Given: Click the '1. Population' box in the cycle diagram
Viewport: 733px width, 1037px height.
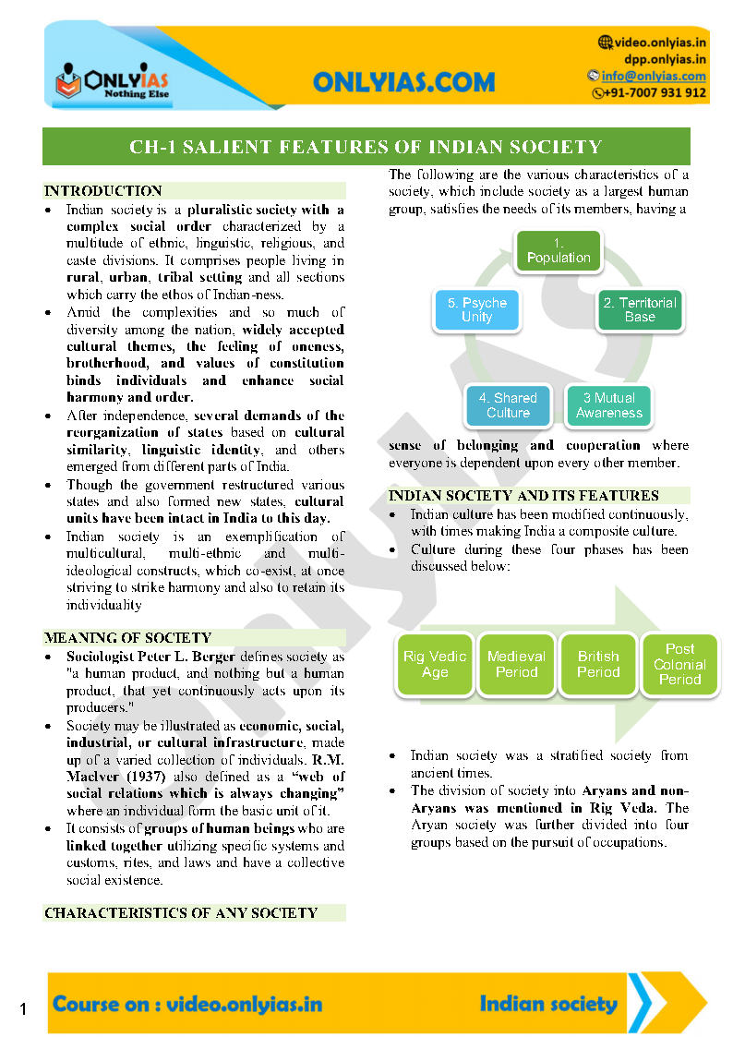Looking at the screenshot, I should click(x=559, y=250).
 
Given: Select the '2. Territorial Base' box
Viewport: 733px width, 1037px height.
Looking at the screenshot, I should click(x=639, y=309).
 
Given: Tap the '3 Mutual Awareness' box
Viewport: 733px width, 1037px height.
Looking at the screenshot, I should click(x=609, y=405).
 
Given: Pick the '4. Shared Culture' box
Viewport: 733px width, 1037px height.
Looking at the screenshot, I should click(x=508, y=405).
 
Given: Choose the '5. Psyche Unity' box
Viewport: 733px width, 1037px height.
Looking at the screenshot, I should click(x=477, y=309).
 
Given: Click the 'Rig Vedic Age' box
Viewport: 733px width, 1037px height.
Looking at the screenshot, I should click(x=435, y=664).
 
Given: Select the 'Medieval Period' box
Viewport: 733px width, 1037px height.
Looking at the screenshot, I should click(x=516, y=664).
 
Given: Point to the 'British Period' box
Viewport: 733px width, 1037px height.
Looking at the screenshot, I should click(x=598, y=664).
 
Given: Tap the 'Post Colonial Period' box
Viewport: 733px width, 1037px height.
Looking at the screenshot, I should click(x=679, y=664).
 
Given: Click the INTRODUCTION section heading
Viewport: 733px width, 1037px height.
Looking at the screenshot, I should click(x=103, y=191).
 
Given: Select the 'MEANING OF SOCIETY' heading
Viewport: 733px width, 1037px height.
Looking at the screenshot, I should click(x=128, y=637).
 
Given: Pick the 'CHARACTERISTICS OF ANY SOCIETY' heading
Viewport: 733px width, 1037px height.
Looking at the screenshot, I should click(x=181, y=912).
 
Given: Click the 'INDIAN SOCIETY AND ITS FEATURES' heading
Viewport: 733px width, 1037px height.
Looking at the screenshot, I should click(x=523, y=495).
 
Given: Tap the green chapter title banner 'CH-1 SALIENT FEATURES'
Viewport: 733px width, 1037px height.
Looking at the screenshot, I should click(x=366, y=147).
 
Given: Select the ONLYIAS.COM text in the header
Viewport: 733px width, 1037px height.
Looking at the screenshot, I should click(x=404, y=82).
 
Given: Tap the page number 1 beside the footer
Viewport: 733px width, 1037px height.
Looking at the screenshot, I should click(x=22, y=1010).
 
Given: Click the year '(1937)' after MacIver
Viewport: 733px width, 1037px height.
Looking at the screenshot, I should click(x=143, y=777).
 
